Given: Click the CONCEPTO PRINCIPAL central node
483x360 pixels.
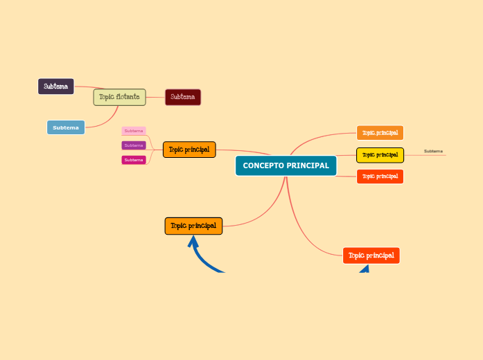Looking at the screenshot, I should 286,166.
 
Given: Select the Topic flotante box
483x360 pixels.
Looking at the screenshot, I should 119,97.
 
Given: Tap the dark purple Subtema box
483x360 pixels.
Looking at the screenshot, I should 55,87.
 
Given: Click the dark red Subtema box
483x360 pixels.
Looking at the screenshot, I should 183,97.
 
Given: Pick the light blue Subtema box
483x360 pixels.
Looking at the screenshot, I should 66,127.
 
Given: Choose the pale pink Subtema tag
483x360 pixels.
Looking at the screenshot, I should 134,131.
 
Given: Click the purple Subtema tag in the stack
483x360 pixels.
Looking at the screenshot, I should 134,145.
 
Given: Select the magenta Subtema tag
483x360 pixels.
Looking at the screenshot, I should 134,160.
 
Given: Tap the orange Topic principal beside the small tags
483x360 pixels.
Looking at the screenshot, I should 189,149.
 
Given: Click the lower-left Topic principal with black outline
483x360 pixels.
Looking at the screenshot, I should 193,226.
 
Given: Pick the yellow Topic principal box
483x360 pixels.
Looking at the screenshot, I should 380,155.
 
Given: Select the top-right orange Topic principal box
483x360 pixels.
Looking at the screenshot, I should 380,132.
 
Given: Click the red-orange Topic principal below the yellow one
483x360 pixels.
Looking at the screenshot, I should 380,177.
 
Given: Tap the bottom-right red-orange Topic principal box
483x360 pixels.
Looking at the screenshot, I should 371,255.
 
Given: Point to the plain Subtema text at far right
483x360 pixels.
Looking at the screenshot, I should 434,151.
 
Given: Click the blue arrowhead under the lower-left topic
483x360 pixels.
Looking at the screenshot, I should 193,242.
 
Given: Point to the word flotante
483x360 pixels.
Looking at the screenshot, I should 128,97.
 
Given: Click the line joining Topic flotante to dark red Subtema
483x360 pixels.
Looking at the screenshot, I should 156,98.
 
